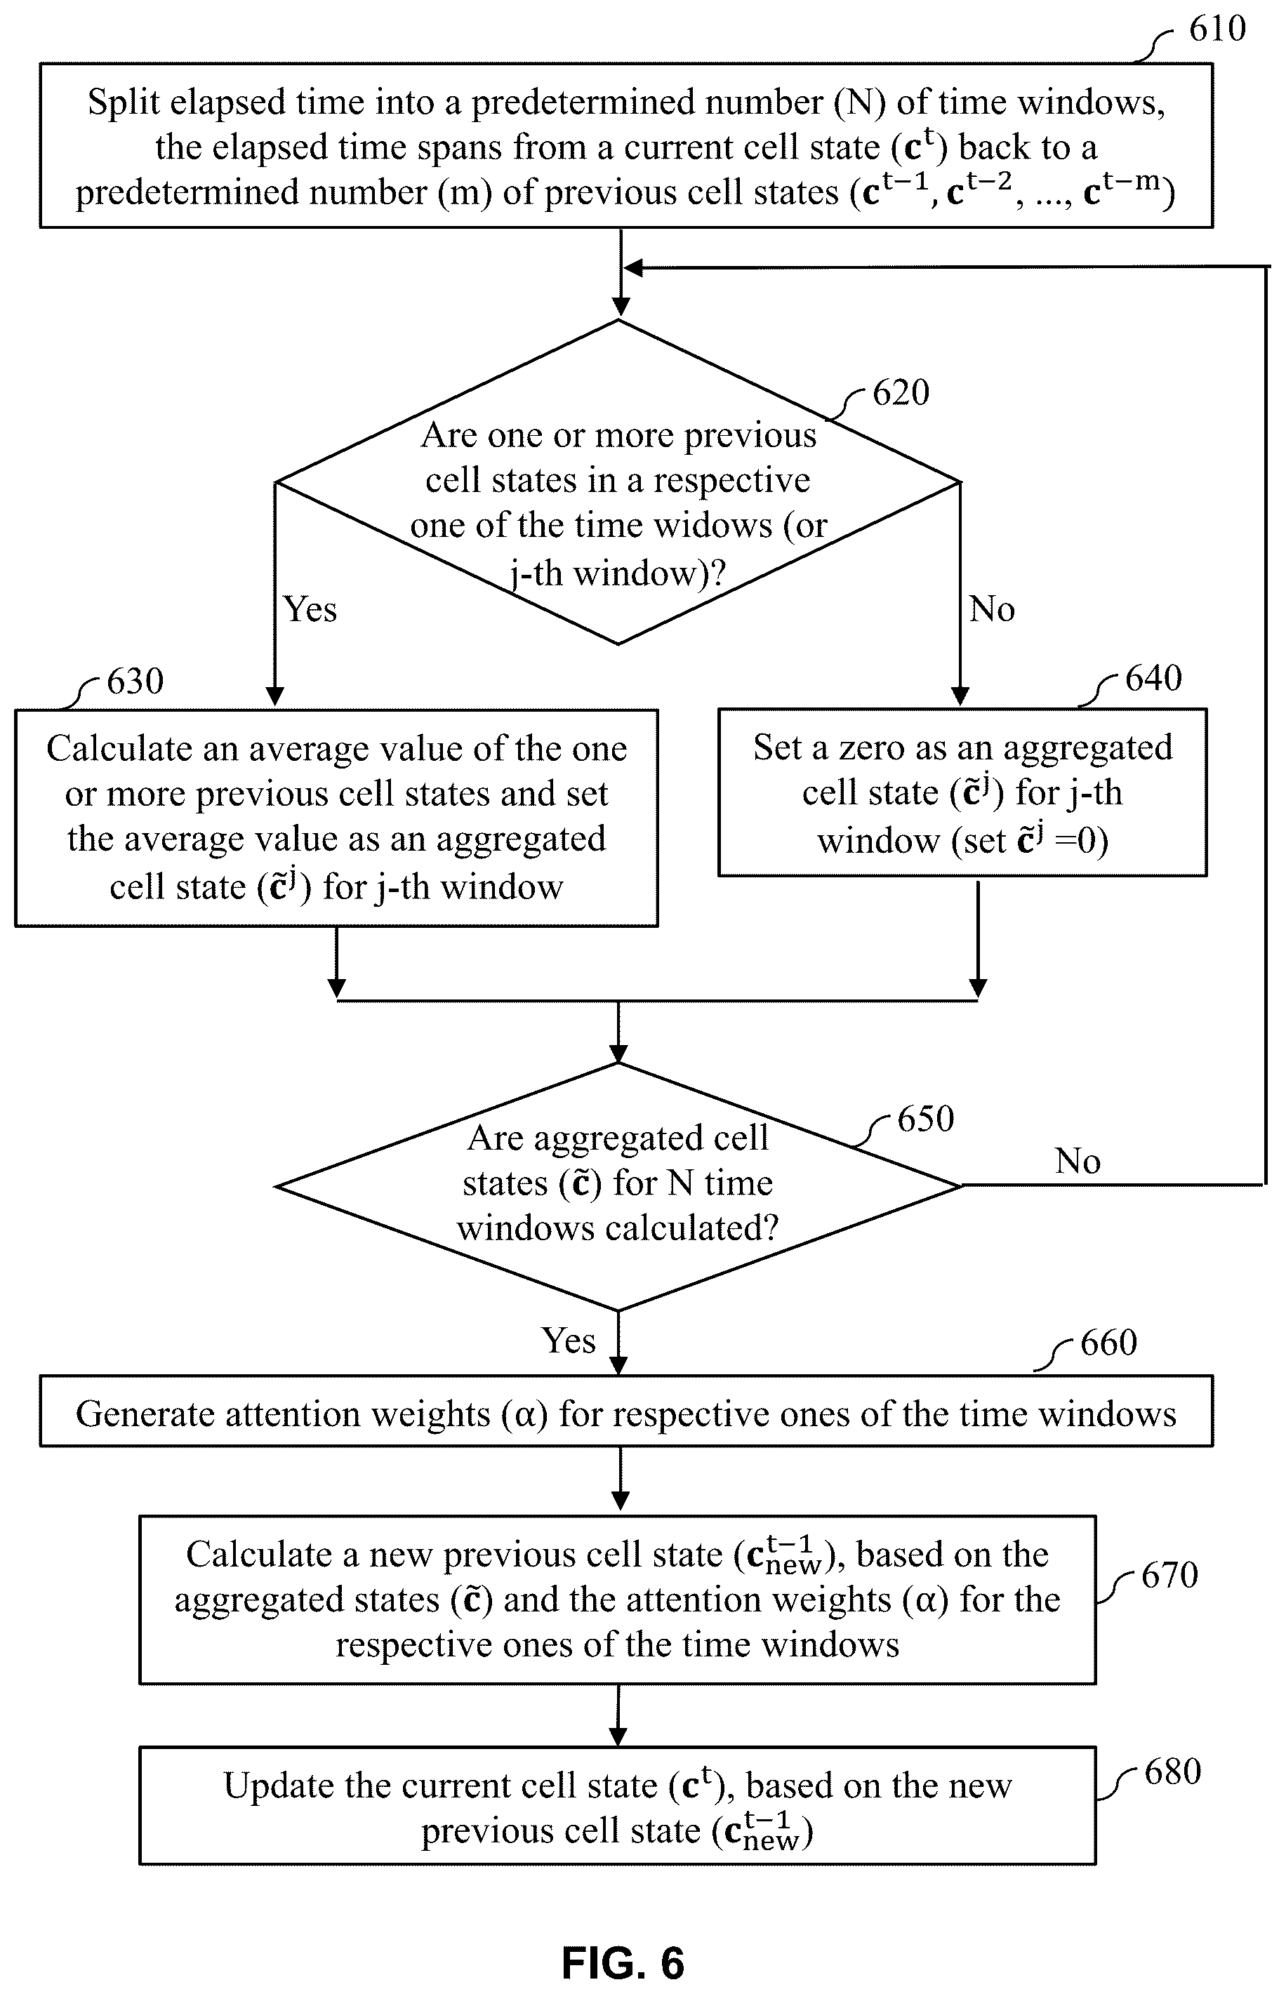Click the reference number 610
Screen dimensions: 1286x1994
(1217, 29)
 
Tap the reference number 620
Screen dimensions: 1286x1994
(901, 392)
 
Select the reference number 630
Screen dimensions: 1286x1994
(135, 682)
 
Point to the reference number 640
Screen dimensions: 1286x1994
(1153, 678)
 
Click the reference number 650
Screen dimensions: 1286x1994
(925, 1119)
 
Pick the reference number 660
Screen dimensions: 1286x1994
(1109, 1343)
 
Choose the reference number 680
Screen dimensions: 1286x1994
(1172, 1772)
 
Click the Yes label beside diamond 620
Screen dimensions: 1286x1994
(310, 609)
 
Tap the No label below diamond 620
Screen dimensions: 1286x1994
(992, 609)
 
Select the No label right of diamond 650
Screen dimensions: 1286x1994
(1078, 1161)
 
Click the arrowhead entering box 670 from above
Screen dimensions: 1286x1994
(620, 1501)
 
